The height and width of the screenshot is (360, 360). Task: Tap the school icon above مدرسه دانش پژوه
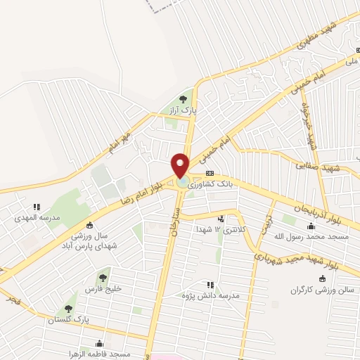coord(210,285)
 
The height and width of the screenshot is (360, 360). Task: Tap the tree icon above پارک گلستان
coord(68,308)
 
